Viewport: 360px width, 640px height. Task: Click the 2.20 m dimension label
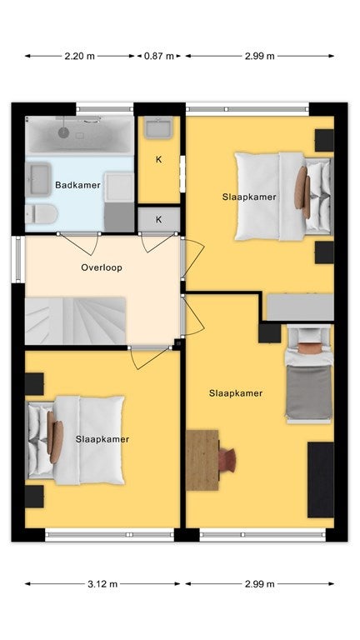tap(80, 57)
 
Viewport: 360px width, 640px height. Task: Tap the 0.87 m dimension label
tap(159, 57)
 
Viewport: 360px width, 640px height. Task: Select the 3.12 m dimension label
tap(102, 584)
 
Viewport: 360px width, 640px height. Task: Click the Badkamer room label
tap(77, 185)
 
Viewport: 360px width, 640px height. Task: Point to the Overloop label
tap(102, 267)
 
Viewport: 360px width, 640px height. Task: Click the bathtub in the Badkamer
tap(80, 135)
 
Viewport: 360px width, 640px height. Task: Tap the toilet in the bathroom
tap(41, 214)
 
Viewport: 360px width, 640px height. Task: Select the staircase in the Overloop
tap(76, 321)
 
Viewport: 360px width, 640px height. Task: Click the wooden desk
tap(202, 460)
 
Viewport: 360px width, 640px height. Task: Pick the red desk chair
tap(227, 460)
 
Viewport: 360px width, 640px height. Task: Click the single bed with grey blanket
tap(309, 374)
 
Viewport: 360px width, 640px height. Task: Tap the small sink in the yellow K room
tap(159, 127)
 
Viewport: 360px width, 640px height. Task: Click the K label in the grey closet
tap(159, 220)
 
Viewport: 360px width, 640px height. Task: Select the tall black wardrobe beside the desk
tap(320, 480)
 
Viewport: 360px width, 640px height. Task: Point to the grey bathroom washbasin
tap(38, 179)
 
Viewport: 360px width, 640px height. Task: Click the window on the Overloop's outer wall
tap(17, 260)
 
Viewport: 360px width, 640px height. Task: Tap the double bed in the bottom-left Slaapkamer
tap(76, 440)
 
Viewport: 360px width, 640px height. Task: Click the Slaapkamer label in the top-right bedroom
tap(249, 197)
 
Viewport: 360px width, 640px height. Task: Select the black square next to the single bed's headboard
tap(269, 333)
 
